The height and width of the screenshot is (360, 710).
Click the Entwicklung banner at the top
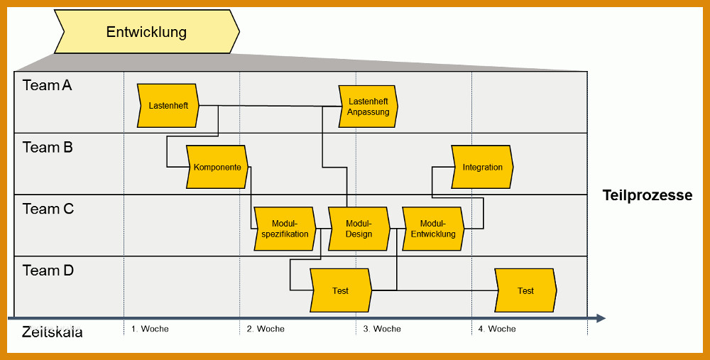tap(147, 32)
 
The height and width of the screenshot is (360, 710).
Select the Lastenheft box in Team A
tap(168, 106)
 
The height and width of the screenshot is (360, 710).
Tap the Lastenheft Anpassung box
tap(368, 107)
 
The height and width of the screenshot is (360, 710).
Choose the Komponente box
tap(217, 167)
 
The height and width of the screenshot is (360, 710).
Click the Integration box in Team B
tap(482, 167)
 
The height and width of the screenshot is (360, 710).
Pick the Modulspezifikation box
tap(285, 229)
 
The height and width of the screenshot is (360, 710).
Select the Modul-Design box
tap(359, 229)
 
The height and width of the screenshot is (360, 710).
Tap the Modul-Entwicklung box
tap(433, 229)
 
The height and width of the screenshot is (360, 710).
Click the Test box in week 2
tap(341, 290)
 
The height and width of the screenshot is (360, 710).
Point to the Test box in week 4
tap(525, 290)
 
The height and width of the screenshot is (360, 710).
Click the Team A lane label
tap(47, 85)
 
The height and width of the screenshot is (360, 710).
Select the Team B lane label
tap(48, 147)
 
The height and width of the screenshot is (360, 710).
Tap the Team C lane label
tap(48, 209)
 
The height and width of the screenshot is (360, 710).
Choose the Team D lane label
tap(48, 271)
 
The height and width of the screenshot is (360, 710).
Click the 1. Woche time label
tap(150, 329)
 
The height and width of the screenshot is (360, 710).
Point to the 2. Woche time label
tap(266, 329)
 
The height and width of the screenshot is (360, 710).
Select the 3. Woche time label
tap(382, 329)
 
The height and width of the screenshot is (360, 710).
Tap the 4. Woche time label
tap(497, 329)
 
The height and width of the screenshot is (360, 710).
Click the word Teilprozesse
tap(648, 195)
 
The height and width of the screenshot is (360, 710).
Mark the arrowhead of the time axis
tap(601, 318)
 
